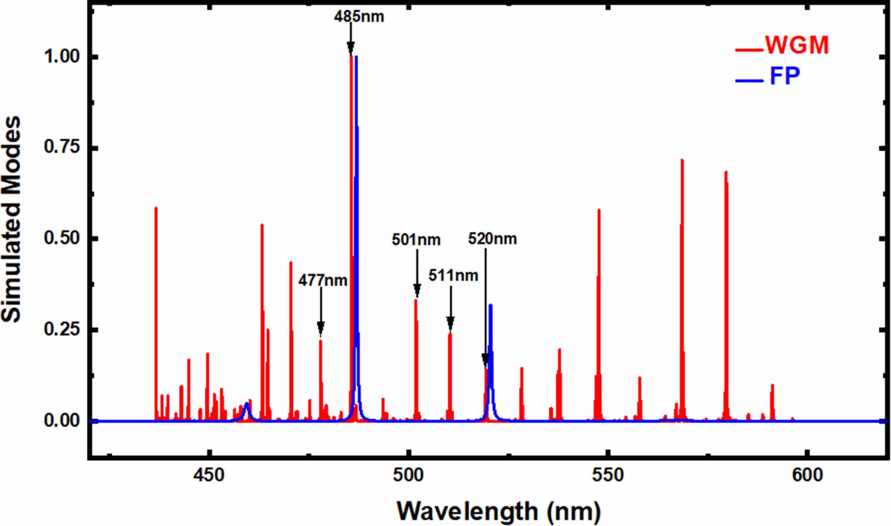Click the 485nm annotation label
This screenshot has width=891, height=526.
point(359,16)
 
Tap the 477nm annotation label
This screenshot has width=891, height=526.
point(322,280)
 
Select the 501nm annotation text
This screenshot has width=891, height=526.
point(416,240)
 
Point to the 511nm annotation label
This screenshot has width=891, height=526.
point(453,275)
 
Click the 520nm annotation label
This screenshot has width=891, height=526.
point(492,239)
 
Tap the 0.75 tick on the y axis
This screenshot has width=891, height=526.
point(62,147)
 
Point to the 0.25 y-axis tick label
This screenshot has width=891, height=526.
point(62,329)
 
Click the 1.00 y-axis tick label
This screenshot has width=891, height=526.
point(62,56)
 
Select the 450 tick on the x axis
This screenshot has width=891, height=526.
point(209,475)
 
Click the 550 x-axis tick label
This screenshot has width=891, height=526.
point(608,475)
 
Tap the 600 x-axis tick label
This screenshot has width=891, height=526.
point(807,475)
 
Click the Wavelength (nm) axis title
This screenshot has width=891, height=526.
point(499,511)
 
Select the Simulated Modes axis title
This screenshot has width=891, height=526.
point(12,219)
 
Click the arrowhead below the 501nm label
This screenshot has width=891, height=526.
point(417,291)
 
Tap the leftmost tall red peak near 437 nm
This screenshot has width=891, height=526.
point(156,289)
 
